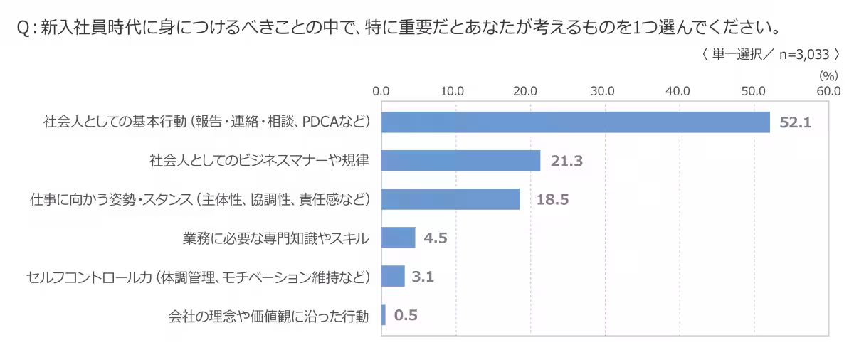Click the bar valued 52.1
tap(576, 122)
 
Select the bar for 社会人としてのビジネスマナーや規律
tap(461, 161)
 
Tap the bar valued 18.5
tap(450, 199)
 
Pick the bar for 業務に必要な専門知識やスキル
tap(399, 238)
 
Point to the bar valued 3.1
tap(393, 276)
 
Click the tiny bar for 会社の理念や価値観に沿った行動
tap(384, 314)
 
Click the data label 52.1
tap(796, 122)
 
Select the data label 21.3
tap(566, 161)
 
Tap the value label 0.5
tap(406, 315)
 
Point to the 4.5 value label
tap(436, 238)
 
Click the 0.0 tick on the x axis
tap(381, 92)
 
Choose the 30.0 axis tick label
tap(603, 92)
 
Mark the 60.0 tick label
tap(829, 92)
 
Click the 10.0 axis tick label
tap(453, 92)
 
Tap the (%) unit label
tap(829, 76)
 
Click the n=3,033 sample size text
tap(804, 55)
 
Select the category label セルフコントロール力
tap(90, 277)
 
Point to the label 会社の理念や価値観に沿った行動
tap(269, 316)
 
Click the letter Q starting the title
tap(23, 28)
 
